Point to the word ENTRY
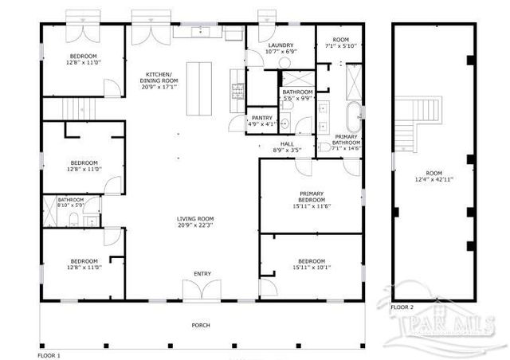point(202,274)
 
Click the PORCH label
point(202,326)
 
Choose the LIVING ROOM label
point(195,219)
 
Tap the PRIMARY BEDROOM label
point(312,197)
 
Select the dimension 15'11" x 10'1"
point(312,268)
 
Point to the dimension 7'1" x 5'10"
point(341,46)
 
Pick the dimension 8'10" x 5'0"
point(70,205)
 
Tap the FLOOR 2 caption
point(402,307)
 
